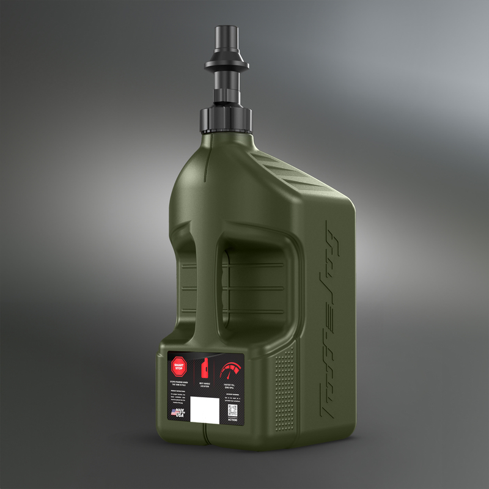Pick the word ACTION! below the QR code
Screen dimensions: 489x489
coord(232,420)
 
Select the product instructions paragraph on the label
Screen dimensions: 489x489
coord(179,397)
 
